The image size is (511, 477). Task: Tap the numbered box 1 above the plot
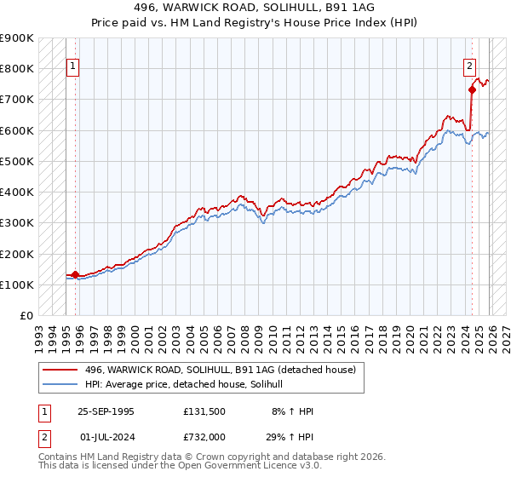[73, 66]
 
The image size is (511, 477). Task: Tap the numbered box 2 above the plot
[469, 66]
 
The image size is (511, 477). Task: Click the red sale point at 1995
[76, 274]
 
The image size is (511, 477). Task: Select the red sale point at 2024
[472, 89]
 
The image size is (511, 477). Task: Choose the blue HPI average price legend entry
[189, 385]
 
